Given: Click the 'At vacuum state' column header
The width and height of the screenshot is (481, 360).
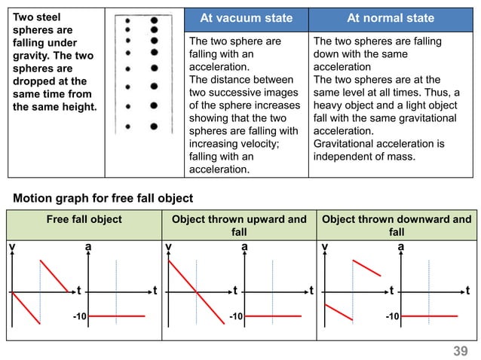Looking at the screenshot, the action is [x=247, y=18].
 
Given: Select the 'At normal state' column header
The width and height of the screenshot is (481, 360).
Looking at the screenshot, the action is [x=391, y=18].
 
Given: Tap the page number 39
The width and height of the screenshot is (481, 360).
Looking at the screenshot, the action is [x=461, y=351].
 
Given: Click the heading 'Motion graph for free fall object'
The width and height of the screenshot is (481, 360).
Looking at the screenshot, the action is [x=103, y=198].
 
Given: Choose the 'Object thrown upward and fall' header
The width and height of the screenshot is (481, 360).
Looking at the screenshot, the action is [x=239, y=225].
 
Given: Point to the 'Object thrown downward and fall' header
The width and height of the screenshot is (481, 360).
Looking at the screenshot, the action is [x=397, y=225].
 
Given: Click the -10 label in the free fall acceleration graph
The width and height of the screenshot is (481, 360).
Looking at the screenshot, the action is [x=80, y=316].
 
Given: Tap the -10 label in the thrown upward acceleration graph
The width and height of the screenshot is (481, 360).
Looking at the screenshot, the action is [x=236, y=316].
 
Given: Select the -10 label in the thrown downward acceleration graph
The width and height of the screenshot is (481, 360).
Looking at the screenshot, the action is [x=392, y=316].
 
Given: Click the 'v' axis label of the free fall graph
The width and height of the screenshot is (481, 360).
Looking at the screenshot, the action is [x=12, y=246].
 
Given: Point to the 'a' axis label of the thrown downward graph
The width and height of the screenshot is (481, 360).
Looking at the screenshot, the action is [x=400, y=246].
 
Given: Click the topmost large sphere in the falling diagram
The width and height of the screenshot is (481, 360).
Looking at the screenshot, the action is [x=155, y=20].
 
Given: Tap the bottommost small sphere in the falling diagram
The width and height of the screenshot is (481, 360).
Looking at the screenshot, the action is [x=128, y=127].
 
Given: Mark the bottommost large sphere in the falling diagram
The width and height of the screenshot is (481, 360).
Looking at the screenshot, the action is [x=154, y=127].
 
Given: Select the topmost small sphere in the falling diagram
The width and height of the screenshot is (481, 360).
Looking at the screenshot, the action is [x=127, y=21].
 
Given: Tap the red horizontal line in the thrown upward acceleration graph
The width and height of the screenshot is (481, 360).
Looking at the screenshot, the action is [x=273, y=316].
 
